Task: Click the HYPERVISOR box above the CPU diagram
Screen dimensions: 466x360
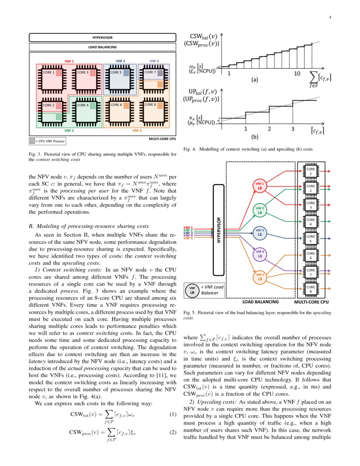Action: click(x=102, y=37)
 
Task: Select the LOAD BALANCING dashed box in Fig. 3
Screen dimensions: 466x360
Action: click(x=102, y=47)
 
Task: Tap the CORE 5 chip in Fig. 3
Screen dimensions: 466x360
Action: click(x=119, y=79)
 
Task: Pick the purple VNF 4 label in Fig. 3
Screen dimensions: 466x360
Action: click(x=154, y=61)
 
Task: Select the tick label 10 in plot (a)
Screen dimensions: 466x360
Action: click(x=297, y=73)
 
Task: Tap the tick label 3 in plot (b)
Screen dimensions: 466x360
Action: click(x=293, y=129)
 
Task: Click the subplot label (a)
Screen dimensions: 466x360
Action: click(x=255, y=79)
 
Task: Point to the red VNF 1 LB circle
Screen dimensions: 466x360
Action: click(x=260, y=185)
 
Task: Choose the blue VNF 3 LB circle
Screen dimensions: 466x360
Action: click(x=260, y=232)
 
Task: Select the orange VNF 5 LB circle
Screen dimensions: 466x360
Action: click(x=260, y=277)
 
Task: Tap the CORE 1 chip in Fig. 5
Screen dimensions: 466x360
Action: click(x=311, y=172)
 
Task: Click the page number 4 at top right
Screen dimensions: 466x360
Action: click(x=329, y=17)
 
